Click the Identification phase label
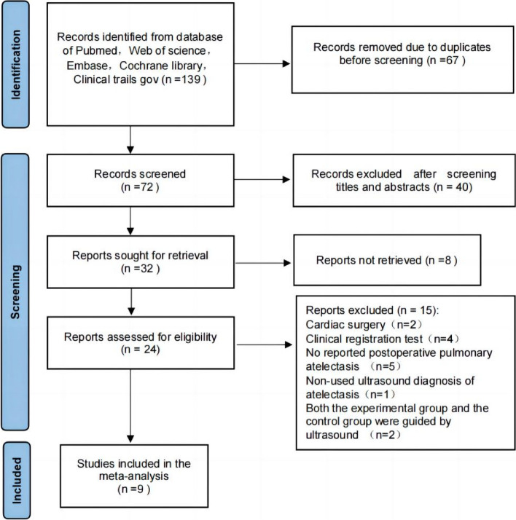click(15, 65)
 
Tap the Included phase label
click(16, 481)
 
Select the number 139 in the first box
click(191, 79)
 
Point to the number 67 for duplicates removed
click(452, 60)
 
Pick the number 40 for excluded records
click(462, 187)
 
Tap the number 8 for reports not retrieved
click(448, 260)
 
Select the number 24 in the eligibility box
click(150, 350)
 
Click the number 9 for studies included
click(140, 489)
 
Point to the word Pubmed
click(95, 51)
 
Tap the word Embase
click(87, 66)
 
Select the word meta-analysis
click(133, 476)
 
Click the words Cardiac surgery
click(345, 325)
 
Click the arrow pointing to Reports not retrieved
click(263, 263)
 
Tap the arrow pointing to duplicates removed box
click(262, 63)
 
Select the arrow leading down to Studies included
click(130, 406)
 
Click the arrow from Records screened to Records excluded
click(262, 179)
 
